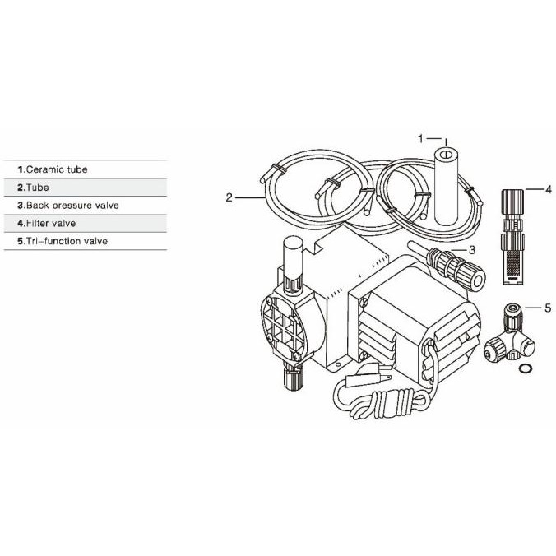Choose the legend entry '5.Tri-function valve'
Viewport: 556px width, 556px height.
[66, 241]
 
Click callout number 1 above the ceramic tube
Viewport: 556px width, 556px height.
[420, 138]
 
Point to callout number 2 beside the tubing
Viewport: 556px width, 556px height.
[229, 197]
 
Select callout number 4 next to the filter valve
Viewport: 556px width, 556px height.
[548, 189]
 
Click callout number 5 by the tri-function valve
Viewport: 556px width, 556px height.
[548, 308]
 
